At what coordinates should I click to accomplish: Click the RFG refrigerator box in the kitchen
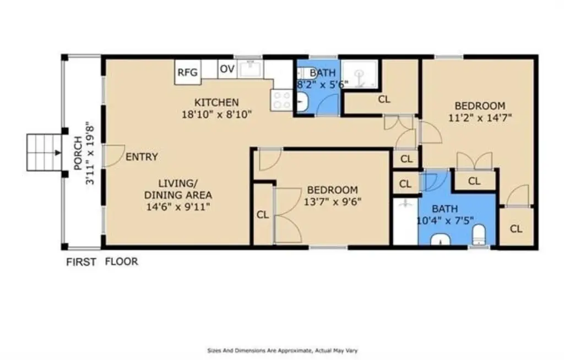pyautogui.click(x=188, y=72)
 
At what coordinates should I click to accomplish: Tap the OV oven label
pyautogui.click(x=227, y=69)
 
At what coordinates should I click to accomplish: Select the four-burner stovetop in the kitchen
pyautogui.click(x=281, y=100)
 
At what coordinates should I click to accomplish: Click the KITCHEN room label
pyautogui.click(x=216, y=102)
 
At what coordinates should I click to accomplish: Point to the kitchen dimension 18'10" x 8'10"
pyautogui.click(x=216, y=114)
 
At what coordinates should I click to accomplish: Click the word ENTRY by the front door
pyautogui.click(x=142, y=157)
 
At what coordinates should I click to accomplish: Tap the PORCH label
pyautogui.click(x=78, y=154)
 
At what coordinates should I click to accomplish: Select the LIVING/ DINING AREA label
pyautogui.click(x=178, y=189)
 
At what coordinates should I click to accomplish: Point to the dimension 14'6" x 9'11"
pyautogui.click(x=178, y=207)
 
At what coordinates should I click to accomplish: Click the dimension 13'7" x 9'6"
pyautogui.click(x=333, y=202)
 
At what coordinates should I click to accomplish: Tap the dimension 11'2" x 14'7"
pyautogui.click(x=480, y=118)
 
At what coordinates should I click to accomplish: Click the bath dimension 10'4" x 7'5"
pyautogui.click(x=445, y=221)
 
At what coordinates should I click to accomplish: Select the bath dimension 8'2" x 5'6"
pyautogui.click(x=322, y=85)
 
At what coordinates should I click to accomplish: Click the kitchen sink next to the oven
pyautogui.click(x=251, y=68)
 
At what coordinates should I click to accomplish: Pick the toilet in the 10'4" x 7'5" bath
pyautogui.click(x=479, y=234)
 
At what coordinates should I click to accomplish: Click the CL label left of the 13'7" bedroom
pyautogui.click(x=263, y=215)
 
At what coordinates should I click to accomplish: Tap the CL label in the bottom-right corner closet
pyautogui.click(x=516, y=229)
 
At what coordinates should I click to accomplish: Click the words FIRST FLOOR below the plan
pyautogui.click(x=102, y=261)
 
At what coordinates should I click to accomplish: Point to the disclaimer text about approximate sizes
pyautogui.click(x=283, y=350)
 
